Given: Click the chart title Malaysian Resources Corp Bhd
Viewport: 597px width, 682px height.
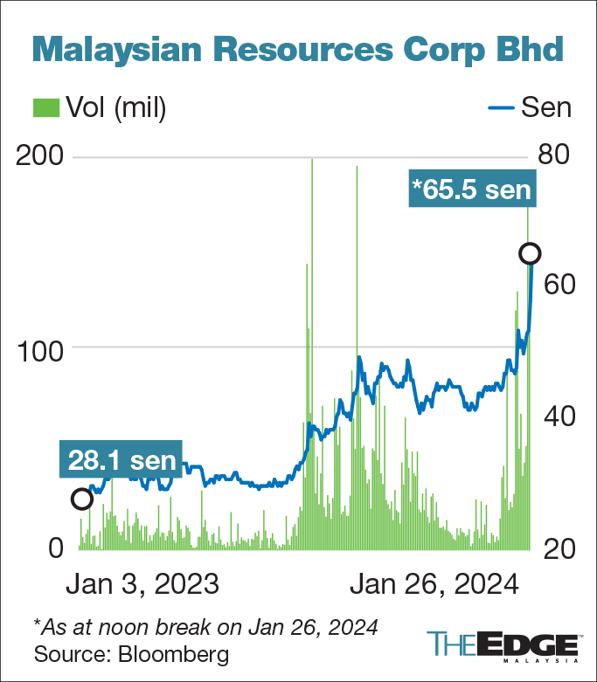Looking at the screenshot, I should point(298,51).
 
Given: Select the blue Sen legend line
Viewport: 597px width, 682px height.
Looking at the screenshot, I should point(496,107).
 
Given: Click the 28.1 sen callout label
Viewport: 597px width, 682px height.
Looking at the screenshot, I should point(119,460).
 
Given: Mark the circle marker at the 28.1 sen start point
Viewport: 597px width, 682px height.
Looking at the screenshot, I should point(81,499).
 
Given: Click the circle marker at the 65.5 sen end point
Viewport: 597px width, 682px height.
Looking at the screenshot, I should point(530,253).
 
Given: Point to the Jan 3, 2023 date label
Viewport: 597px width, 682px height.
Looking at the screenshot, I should point(142,583).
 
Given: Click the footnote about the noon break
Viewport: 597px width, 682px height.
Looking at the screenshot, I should point(205,626).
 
